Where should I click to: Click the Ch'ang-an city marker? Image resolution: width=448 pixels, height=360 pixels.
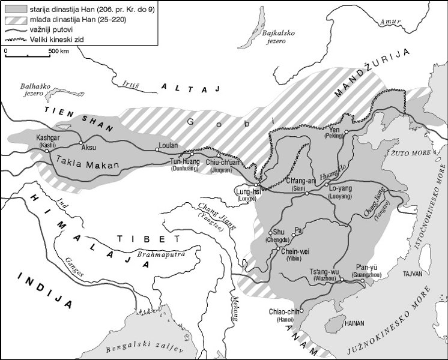pyautogui.click(x=306, y=194)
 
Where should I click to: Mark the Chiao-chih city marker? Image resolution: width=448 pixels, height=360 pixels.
pyautogui.click(x=302, y=310)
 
